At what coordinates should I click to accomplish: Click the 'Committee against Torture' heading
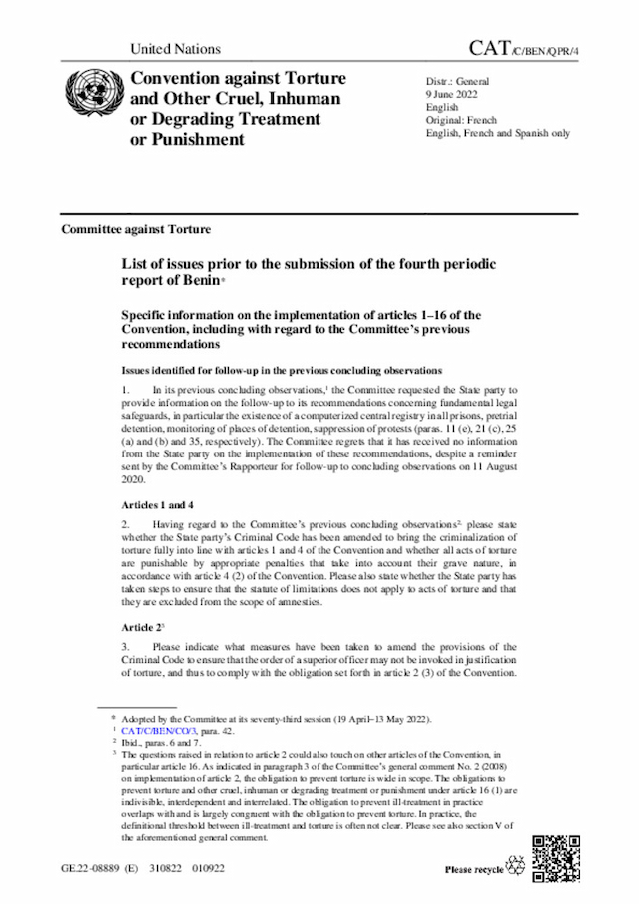coord(136,229)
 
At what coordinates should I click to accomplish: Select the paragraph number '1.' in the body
coord(126,388)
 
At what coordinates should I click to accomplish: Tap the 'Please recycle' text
coord(474,870)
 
